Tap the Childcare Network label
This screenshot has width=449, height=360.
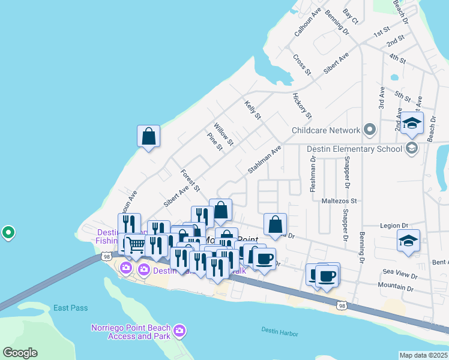(325, 130)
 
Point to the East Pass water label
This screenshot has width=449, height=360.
(70, 308)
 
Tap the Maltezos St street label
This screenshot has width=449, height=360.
(339, 201)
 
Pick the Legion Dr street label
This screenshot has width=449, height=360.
(394, 226)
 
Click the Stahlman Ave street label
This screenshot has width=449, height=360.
(265, 161)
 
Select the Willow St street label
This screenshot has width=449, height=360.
(224, 134)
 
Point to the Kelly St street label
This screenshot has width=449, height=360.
(253, 109)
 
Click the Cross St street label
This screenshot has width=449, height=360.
(302, 65)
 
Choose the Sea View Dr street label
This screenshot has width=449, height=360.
(400, 273)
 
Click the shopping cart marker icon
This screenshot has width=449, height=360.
(136, 245)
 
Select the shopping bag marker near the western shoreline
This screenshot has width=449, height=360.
(148, 136)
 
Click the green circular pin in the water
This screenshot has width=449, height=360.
(8, 232)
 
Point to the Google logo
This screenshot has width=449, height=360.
(20, 353)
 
